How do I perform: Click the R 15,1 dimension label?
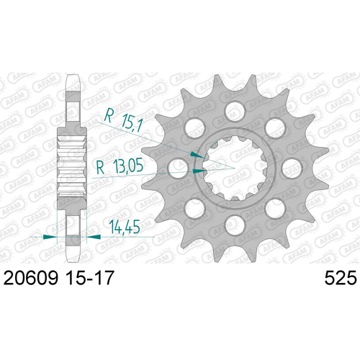(124, 120)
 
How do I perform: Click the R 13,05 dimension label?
(120, 166)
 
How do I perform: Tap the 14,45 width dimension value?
(125, 227)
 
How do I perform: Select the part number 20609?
(31, 278)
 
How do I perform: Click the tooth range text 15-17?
(89, 278)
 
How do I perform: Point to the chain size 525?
(341, 278)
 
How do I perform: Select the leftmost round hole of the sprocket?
(178, 168)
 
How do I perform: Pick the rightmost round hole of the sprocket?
(292, 168)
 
